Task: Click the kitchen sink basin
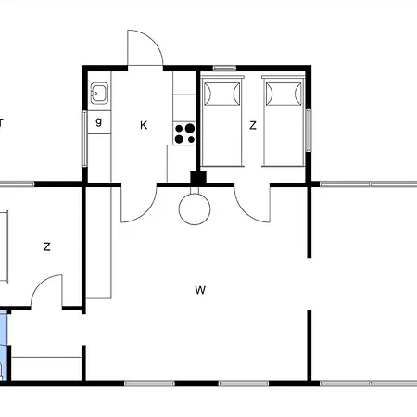coord(99,93)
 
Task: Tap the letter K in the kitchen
coord(144,125)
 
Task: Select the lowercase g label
coord(98,121)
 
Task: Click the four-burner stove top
coord(184,133)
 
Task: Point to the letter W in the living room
coord(200,290)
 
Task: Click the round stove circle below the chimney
coord(195,209)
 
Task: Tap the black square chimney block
coord(198,179)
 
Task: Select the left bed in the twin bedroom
coord(221,121)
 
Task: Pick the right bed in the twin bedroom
coord(284,121)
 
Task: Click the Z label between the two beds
coord(253,125)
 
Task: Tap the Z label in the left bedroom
coord(46,246)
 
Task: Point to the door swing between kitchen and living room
coord(145,211)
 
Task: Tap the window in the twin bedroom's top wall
coord(224,69)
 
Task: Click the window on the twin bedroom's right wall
coord(309,131)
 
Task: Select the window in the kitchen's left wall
coord(84,139)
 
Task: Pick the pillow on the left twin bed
coord(221,93)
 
